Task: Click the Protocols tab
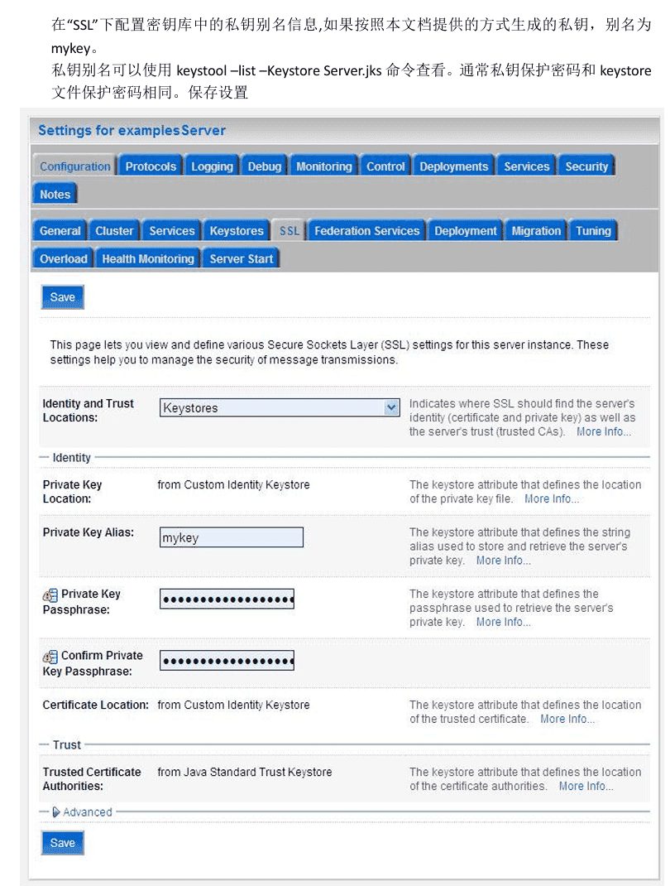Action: coord(151,166)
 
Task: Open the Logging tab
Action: coord(212,166)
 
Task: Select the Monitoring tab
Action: coord(323,166)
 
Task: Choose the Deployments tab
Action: coord(453,166)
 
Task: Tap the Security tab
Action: coord(586,166)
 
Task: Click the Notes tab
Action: coord(55,195)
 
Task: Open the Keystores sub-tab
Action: coord(237,231)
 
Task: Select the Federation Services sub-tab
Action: coord(367,231)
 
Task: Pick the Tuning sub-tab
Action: coord(593,231)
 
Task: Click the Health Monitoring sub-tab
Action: coord(148,259)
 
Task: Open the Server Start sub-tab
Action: coord(242,259)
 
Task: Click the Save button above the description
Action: coord(63,297)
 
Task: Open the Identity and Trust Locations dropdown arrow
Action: coord(392,407)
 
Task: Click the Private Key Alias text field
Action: coord(232,537)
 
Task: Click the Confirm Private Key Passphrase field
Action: coord(227,661)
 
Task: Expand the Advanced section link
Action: coord(87,812)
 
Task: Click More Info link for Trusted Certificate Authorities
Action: coord(586,786)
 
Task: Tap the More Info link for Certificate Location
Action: coord(567,719)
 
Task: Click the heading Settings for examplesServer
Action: coord(132,130)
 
